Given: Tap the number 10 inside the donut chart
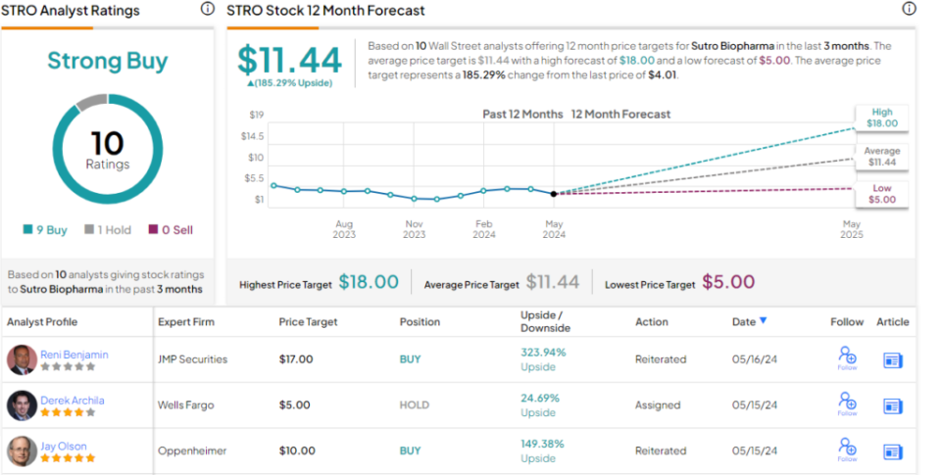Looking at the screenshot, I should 107,143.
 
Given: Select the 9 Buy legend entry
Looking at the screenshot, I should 46,230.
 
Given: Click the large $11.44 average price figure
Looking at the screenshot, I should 290,61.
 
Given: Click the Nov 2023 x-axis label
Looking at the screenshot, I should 415,229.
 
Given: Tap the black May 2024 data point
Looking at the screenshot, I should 554,194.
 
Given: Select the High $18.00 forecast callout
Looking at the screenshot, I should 881,119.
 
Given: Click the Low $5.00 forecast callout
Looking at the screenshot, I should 881,193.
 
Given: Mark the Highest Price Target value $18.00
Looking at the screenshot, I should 369,283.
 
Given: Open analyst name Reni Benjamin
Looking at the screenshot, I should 74,354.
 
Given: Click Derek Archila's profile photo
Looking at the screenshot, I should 22,404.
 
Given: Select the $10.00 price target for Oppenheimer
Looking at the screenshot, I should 297,451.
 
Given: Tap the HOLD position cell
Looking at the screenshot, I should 415,404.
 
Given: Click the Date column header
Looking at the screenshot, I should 749,321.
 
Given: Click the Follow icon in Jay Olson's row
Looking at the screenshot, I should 847,450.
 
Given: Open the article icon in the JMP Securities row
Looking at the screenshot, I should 892,359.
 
